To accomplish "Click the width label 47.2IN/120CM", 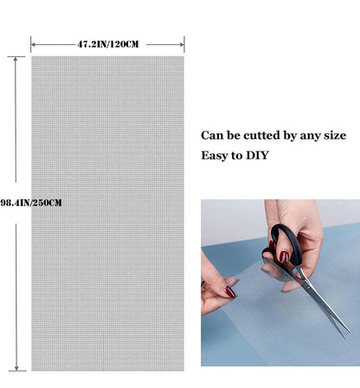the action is click(108, 44).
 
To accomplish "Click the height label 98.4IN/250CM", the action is click(31, 203).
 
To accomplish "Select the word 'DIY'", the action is click(257, 155).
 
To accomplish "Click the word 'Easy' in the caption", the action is click(214, 156).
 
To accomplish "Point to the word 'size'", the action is click(335, 135).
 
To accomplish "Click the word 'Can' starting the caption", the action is click(212, 135).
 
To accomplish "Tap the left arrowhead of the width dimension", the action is click(33, 44).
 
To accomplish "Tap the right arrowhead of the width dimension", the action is click(182, 44).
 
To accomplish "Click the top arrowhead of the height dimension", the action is click(16, 59).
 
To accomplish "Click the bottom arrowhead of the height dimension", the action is click(16, 368).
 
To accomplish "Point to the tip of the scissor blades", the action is click(350, 331).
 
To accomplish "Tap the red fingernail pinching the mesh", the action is click(230, 292).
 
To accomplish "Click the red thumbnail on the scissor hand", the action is click(284, 257).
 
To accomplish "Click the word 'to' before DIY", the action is click(236, 156).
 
